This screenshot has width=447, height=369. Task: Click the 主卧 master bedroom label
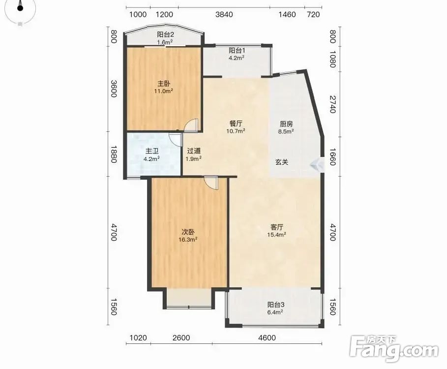point(164,84)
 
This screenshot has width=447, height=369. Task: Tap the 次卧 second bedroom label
point(188,232)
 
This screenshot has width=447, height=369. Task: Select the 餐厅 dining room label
point(236,124)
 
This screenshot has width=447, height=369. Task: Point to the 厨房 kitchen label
point(286,124)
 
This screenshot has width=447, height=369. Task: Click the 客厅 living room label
point(276,227)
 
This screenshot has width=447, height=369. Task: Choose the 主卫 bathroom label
point(151,151)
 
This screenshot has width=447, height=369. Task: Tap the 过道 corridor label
point(194,151)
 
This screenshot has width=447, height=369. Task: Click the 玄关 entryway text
point(282,162)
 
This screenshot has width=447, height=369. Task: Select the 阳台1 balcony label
point(237,51)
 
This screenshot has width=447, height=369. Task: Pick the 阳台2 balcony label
point(165,35)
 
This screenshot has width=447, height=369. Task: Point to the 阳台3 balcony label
point(276,305)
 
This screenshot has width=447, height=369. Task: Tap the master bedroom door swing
point(191,125)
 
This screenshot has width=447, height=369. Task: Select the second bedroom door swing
point(211,183)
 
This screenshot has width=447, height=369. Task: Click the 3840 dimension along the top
point(224,14)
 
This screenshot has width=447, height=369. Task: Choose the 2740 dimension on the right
point(332,104)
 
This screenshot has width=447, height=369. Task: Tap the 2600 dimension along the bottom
point(181,338)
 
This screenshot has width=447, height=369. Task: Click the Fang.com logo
point(394,349)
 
